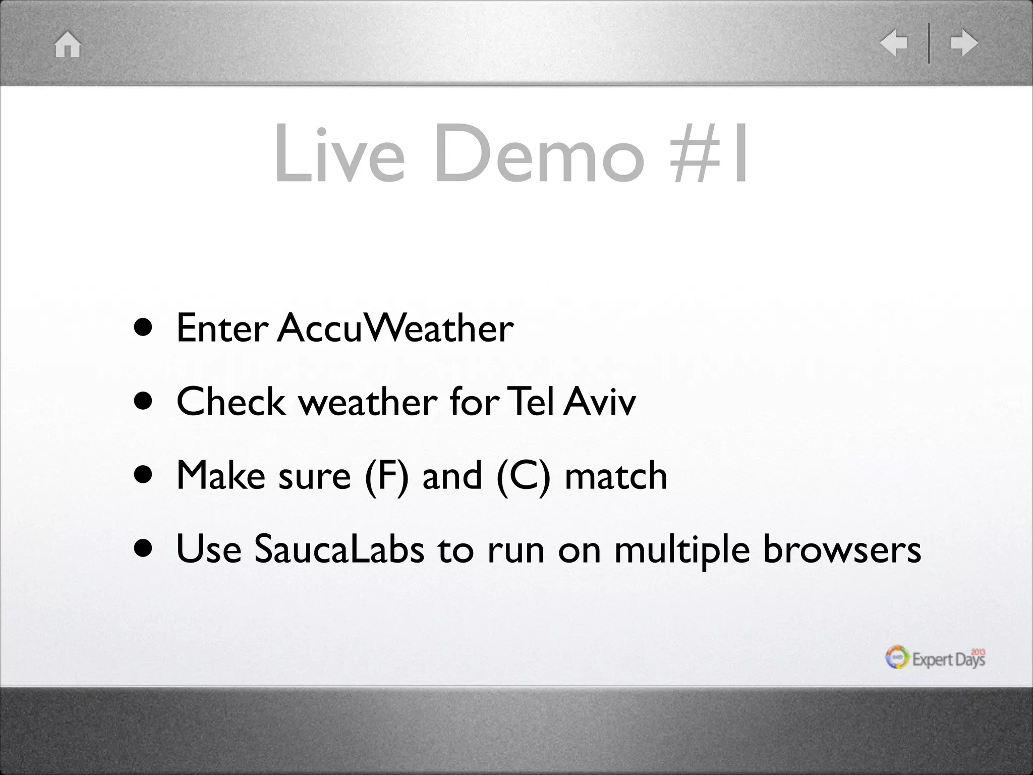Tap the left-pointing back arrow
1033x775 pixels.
pos(893,43)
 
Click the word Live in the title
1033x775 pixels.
pos(339,153)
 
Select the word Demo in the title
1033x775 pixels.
pos(539,153)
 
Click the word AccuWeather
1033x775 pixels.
pos(395,328)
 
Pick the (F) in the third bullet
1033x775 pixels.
pos(386,476)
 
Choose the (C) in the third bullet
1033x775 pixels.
pos(523,476)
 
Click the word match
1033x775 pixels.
pos(616,476)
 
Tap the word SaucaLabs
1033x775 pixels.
pos(338,549)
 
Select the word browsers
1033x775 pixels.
pos(842,549)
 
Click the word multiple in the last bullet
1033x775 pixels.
pos(682,550)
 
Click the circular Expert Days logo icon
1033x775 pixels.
pos(897,657)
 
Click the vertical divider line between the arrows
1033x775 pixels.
pos(929,43)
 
